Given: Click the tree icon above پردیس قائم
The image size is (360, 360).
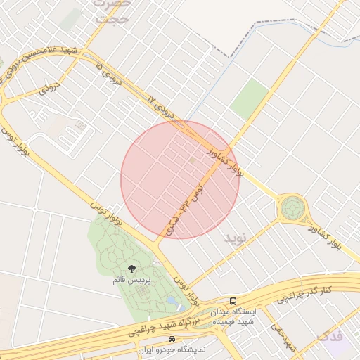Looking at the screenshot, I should pyautogui.click(x=131, y=268).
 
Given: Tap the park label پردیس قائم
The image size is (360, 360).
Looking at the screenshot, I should pyautogui.click(x=130, y=281).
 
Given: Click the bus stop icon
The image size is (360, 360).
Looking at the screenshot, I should pyautogui.click(x=233, y=300).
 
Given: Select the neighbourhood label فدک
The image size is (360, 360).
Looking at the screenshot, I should pyautogui.click(x=331, y=335).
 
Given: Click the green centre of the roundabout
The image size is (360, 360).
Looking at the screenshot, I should pyautogui.click(x=292, y=208).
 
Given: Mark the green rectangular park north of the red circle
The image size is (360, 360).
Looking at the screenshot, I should pyautogui.click(x=250, y=98).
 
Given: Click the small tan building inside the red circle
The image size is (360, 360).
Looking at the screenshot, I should pyautogui.click(x=193, y=161).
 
